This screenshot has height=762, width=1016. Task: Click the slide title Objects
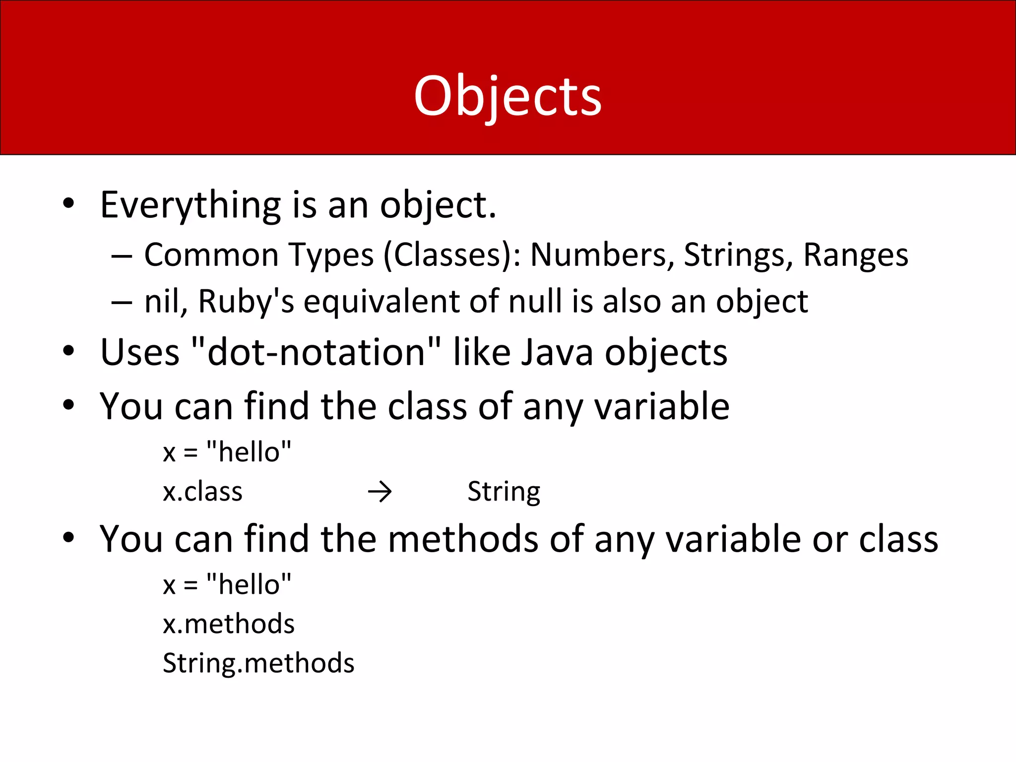508,97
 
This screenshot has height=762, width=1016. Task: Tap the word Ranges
855,255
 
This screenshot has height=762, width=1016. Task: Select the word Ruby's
246,302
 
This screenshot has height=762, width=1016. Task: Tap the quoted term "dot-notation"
316,352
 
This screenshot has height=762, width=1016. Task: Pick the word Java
557,352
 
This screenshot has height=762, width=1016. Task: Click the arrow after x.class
380,492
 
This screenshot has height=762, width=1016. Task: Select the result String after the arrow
504,492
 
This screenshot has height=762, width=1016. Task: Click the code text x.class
202,492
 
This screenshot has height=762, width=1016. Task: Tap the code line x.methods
229,624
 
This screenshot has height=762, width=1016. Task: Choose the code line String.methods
258,663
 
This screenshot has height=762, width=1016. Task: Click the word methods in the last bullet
462,539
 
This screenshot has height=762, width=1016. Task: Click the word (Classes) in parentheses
452,255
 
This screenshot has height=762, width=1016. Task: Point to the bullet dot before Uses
68,351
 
